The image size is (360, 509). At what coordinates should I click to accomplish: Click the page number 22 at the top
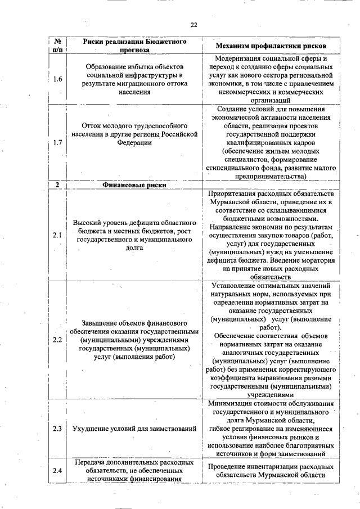tap(193, 25)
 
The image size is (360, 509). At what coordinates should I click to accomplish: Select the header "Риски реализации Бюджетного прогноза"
tap(134, 46)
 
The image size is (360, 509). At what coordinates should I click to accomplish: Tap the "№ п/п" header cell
tap(57, 46)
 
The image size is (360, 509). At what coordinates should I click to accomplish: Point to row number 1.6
tap(57, 79)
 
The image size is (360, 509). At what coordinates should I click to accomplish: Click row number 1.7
tap(57, 142)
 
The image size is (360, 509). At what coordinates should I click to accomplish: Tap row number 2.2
tap(57, 340)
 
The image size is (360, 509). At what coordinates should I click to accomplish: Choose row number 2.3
tap(57, 429)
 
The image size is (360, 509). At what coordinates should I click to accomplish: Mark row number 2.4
tap(57, 471)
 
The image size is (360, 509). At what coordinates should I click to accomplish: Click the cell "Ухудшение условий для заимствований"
tap(134, 429)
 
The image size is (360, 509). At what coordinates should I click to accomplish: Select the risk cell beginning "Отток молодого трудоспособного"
tap(134, 134)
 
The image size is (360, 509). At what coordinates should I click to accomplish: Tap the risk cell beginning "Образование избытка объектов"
tap(134, 79)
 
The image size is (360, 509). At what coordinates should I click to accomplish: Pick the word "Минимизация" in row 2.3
tap(229, 403)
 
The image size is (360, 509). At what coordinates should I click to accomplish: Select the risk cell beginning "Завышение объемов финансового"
tap(134, 340)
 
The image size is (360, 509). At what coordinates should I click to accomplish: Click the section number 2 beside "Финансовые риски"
tap(57, 185)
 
